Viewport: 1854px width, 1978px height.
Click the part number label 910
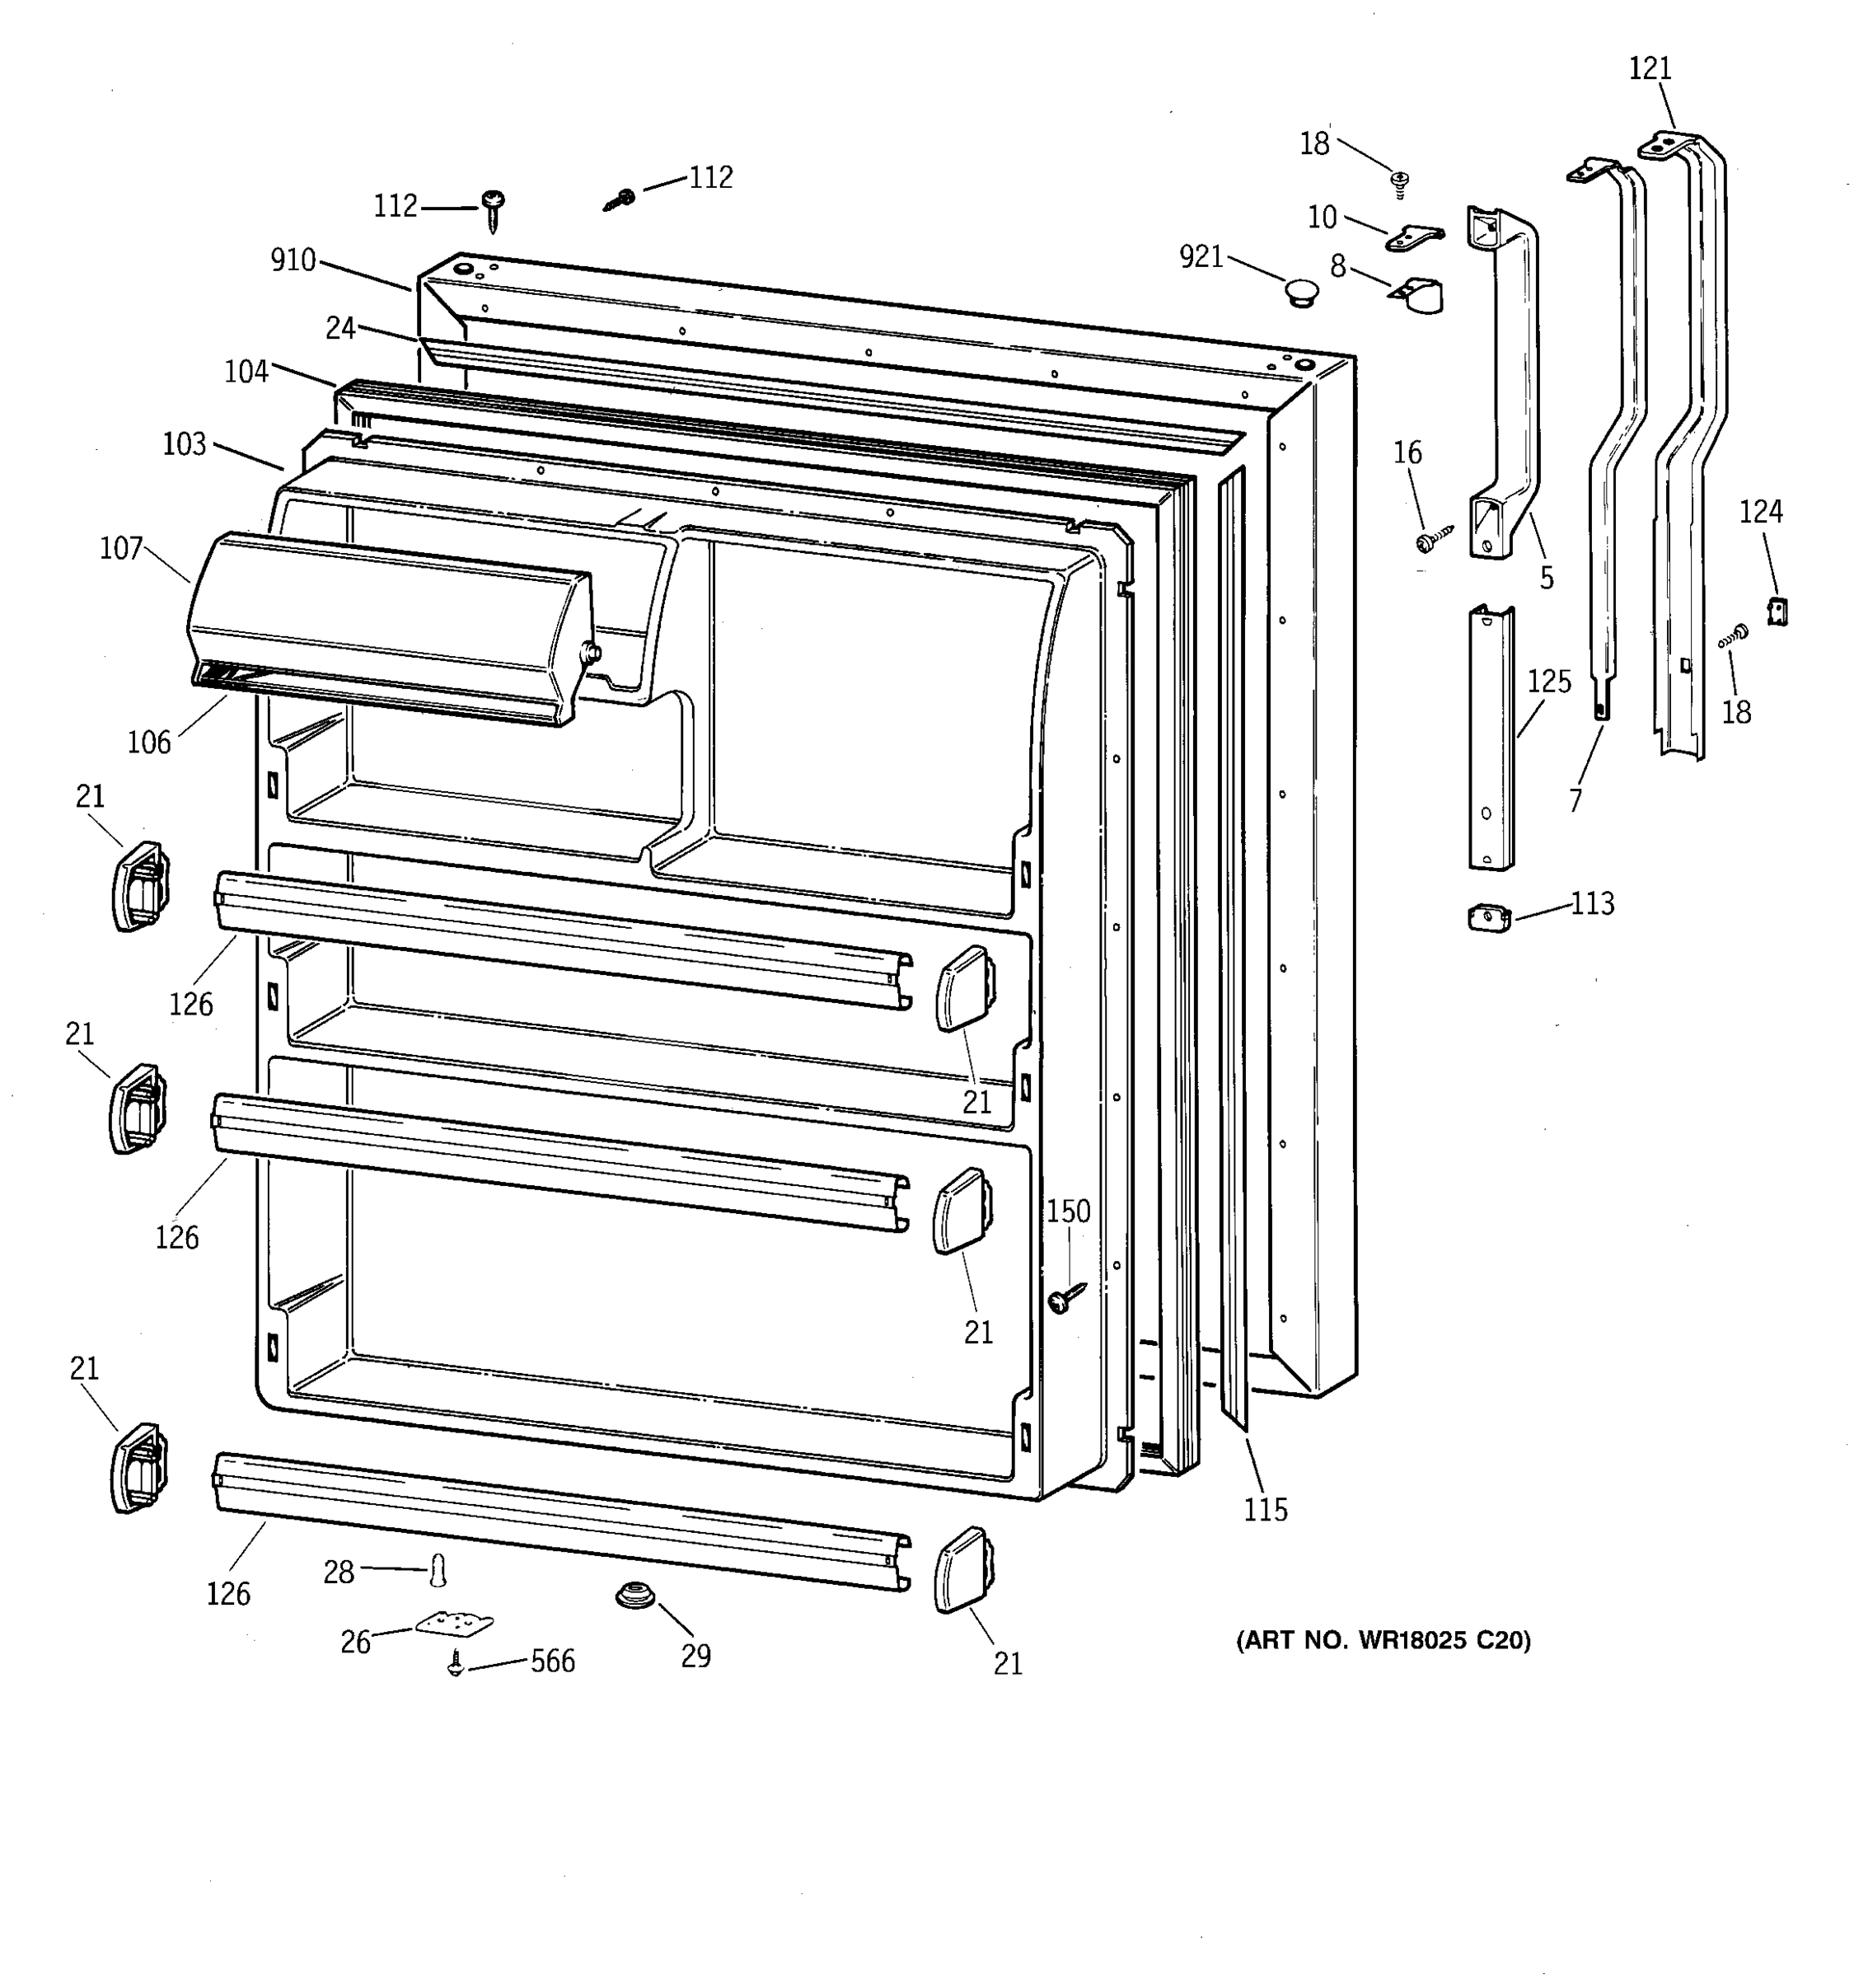[x=293, y=260]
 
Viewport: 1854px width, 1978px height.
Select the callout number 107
[x=121, y=548]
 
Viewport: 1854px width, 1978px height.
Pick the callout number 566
[x=552, y=1662]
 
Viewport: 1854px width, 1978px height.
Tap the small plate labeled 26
[x=453, y=1624]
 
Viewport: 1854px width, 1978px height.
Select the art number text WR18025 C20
[x=1383, y=1641]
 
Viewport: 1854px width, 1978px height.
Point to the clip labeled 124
[x=1777, y=611]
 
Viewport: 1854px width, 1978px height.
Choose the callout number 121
[x=1650, y=68]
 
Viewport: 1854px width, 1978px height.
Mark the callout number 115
[x=1265, y=1511]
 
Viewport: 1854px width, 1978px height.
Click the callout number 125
[x=1548, y=682]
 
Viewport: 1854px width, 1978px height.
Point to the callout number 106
[x=149, y=743]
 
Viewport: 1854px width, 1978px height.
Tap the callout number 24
[x=340, y=327]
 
